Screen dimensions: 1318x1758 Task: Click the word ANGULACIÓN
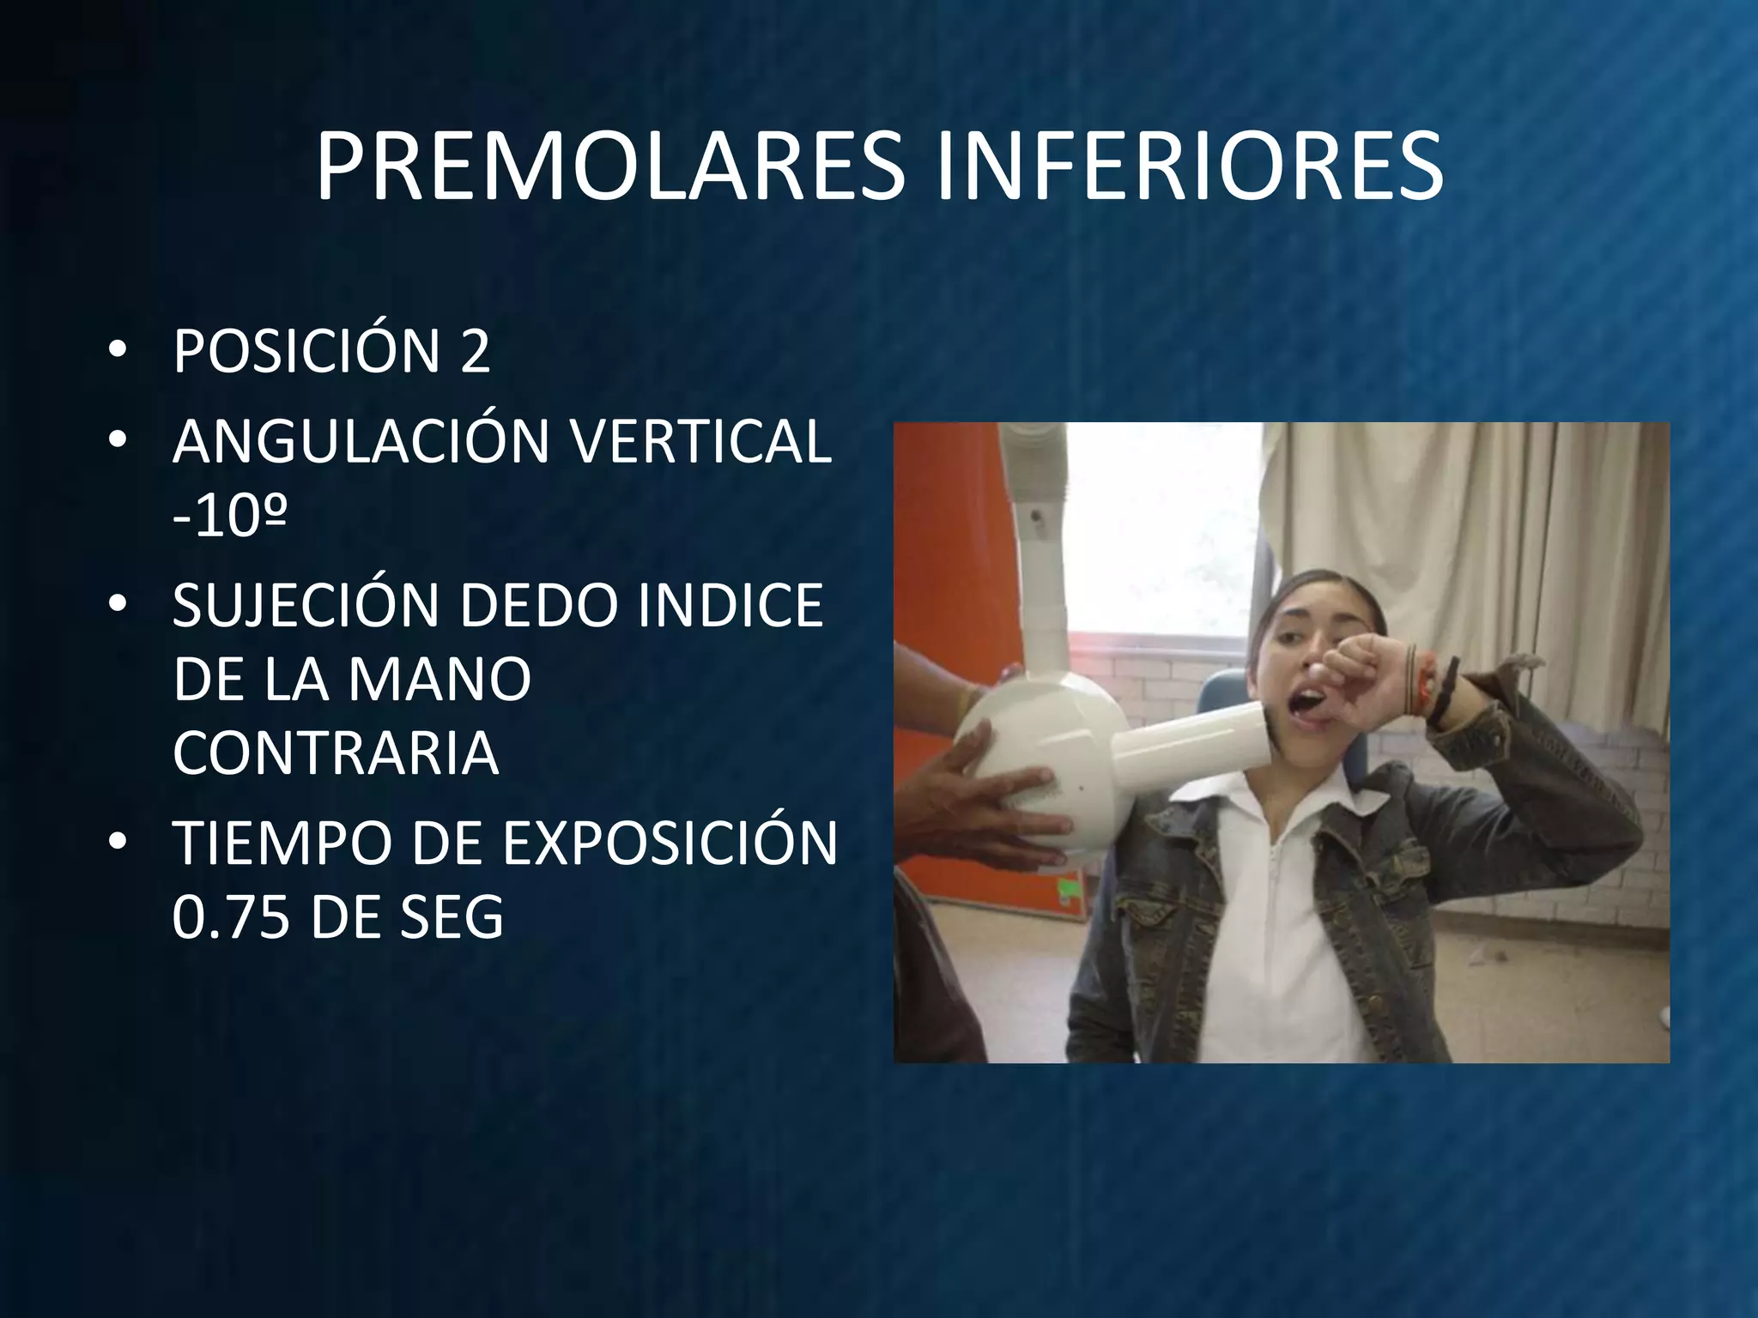pos(361,442)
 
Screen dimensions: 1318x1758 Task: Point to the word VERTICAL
pos(700,442)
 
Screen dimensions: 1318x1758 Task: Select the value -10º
pos(229,517)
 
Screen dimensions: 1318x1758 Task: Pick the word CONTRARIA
pos(336,753)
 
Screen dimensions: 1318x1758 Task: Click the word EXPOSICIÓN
pos(670,844)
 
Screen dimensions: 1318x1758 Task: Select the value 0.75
pos(230,918)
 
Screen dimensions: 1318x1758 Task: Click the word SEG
pos(450,918)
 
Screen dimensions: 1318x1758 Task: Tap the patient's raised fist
pos(1365,686)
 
